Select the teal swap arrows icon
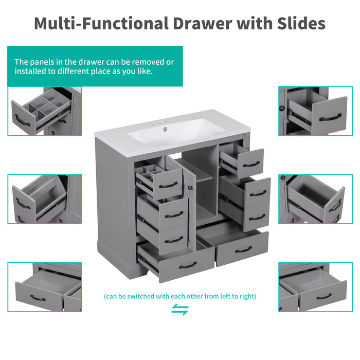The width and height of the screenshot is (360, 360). [x=179, y=310]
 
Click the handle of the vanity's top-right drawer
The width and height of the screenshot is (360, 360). [x=251, y=165]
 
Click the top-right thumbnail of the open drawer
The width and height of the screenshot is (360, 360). [x=315, y=111]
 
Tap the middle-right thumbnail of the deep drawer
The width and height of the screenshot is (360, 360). [x=315, y=199]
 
